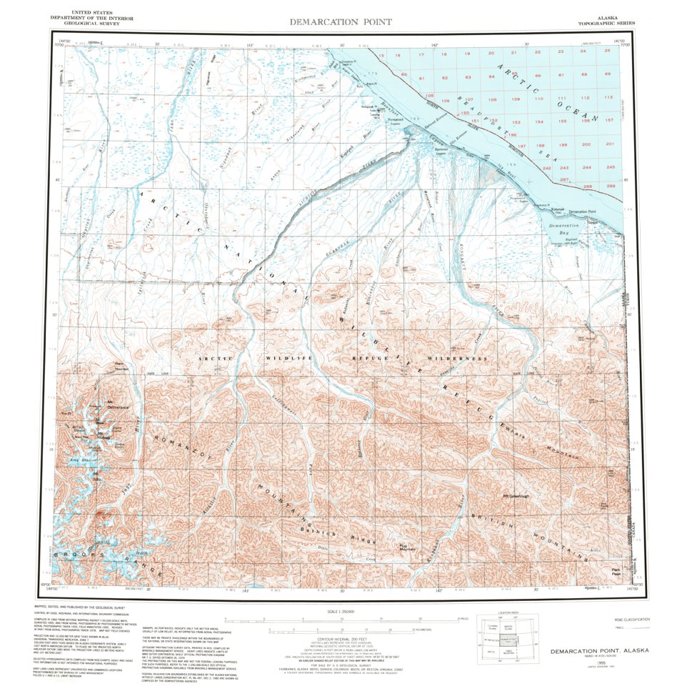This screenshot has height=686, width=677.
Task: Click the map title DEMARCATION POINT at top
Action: point(341,21)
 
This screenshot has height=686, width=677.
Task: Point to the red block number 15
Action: point(382,55)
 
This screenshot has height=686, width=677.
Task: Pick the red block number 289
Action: point(610,186)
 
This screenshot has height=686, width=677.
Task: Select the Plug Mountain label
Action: point(408,547)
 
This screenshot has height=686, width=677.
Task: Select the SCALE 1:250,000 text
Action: point(341,612)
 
